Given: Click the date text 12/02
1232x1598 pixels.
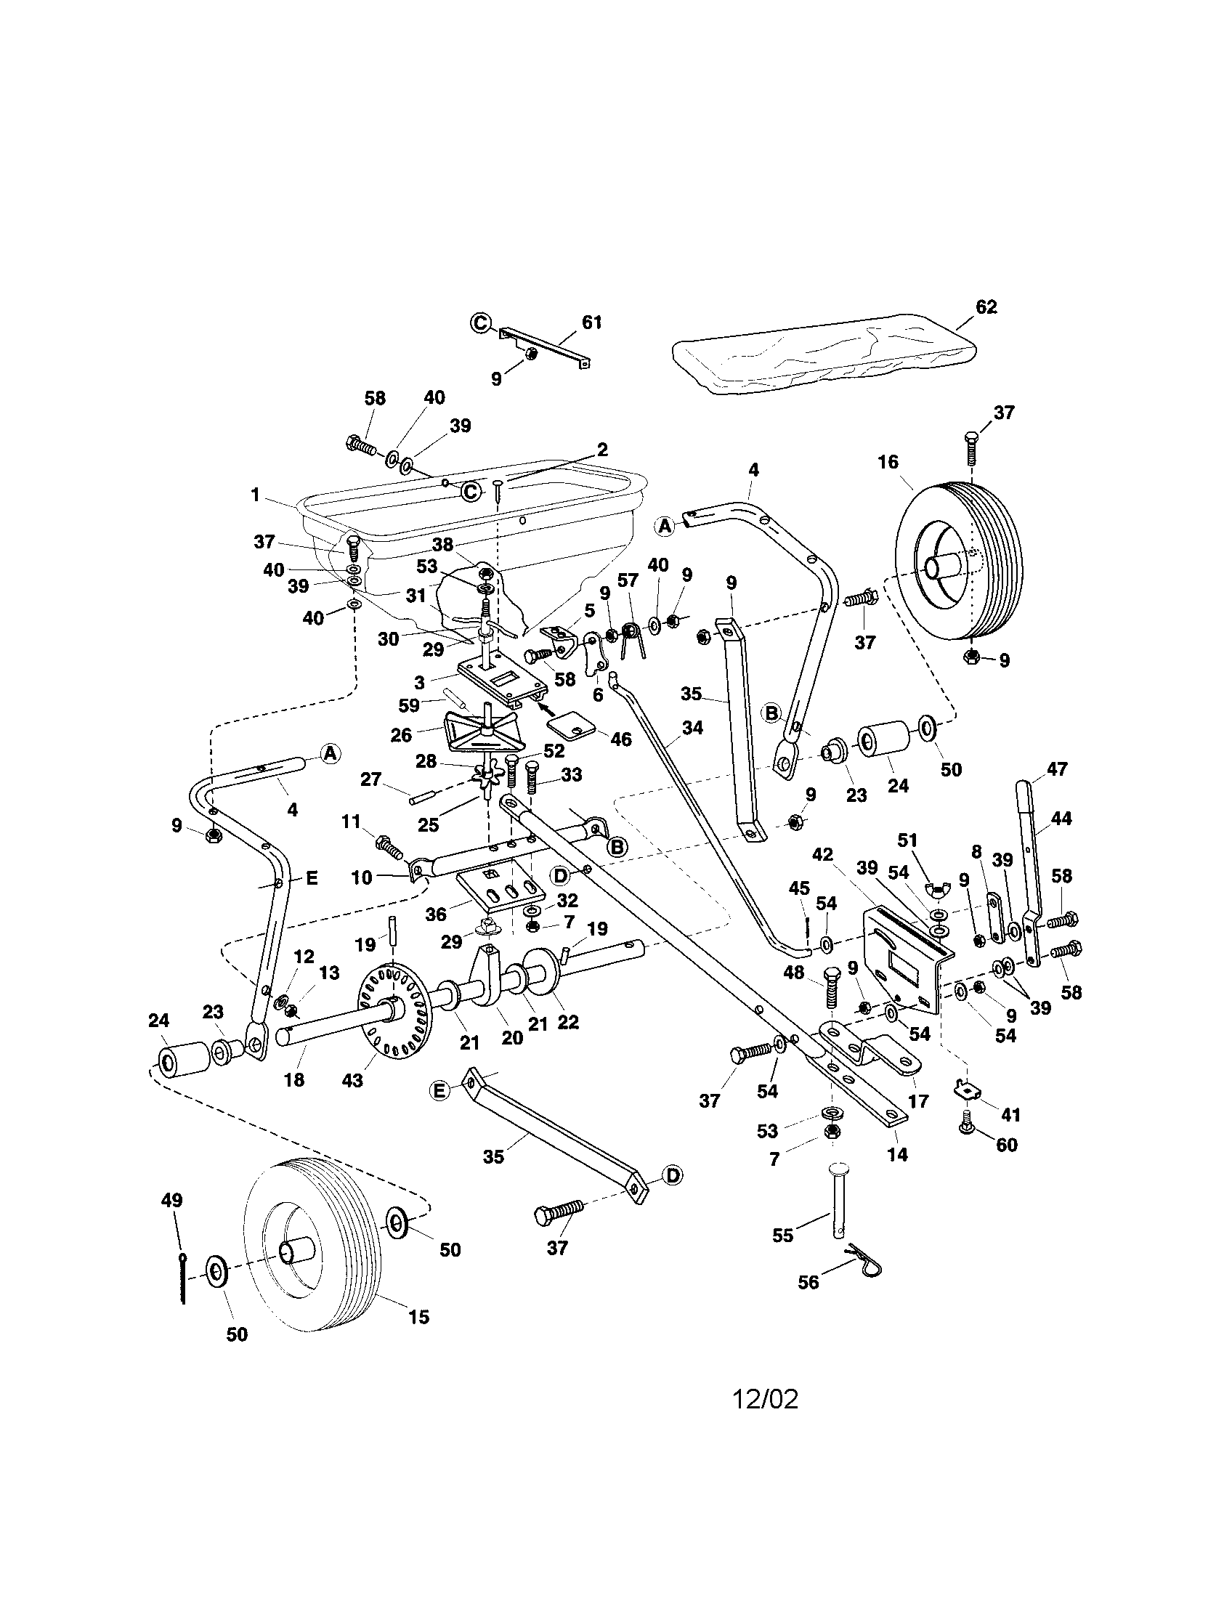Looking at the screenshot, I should pyautogui.click(x=765, y=1400).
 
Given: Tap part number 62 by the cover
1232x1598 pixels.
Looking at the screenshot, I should pyautogui.click(x=986, y=307).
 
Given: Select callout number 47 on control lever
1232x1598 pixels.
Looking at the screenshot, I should pyautogui.click(x=1056, y=769).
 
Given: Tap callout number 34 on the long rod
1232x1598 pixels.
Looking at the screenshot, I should pyautogui.click(x=692, y=727).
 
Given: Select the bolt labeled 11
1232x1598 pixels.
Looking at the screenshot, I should pyautogui.click(x=389, y=848).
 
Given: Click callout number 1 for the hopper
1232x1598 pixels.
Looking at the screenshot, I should pyautogui.click(x=254, y=495).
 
